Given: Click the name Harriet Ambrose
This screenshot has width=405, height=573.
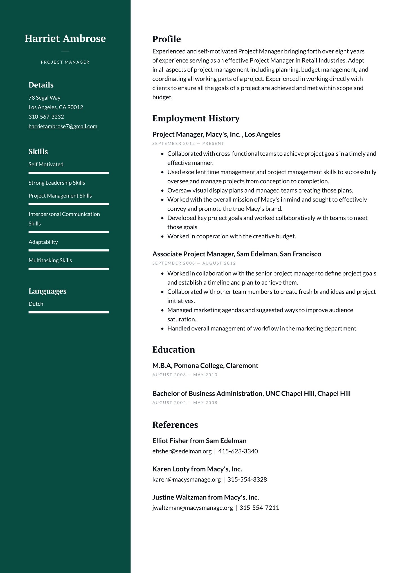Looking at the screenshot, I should pyautogui.click(x=65, y=38).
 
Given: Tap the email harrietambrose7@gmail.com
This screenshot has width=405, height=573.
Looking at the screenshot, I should pyautogui.click(x=63, y=126).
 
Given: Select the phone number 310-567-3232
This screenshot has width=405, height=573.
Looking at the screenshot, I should pyautogui.click(x=46, y=117).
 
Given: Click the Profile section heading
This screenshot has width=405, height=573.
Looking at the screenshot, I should pyautogui.click(x=166, y=39).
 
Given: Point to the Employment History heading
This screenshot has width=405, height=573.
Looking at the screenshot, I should pyautogui.click(x=196, y=118).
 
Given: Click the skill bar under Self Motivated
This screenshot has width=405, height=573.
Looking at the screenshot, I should pyautogui.click(x=69, y=173).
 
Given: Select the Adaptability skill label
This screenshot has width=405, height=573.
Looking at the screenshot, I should pyautogui.click(x=43, y=242).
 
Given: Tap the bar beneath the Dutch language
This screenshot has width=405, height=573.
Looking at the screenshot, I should pyautogui.click(x=69, y=312).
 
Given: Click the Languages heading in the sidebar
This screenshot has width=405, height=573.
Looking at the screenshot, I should pyautogui.click(x=48, y=291).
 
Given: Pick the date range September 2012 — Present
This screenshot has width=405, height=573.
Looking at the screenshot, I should pyautogui.click(x=188, y=144).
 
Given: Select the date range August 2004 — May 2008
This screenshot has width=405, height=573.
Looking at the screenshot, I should pyautogui.click(x=185, y=403).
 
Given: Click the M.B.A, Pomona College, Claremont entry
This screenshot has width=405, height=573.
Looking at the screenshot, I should pyautogui.click(x=205, y=366).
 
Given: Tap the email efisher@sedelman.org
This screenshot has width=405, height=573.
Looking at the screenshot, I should pyautogui.click(x=182, y=451).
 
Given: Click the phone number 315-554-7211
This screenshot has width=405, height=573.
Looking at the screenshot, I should pyautogui.click(x=259, y=508).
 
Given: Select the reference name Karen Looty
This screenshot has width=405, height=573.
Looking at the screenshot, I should pyautogui.click(x=171, y=469).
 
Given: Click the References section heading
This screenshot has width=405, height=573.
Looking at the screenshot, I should pyautogui.click(x=175, y=425).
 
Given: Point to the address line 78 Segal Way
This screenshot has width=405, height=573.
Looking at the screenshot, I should pyautogui.click(x=44, y=98).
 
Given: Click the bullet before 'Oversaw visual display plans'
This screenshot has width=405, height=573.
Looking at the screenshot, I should pyautogui.click(x=162, y=191).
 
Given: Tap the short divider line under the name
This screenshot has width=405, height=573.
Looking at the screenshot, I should pyautogui.click(x=65, y=51).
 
